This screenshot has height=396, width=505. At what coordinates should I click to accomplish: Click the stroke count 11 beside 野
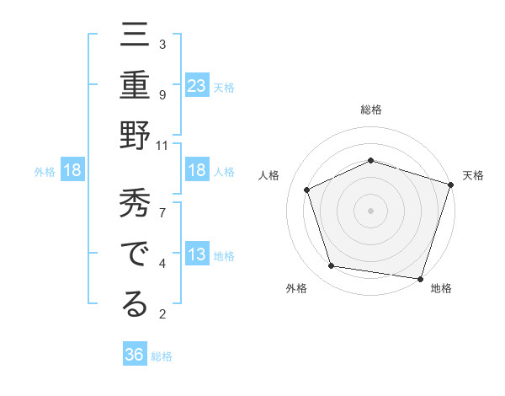click(162, 145)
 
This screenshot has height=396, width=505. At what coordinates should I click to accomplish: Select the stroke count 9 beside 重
click(162, 94)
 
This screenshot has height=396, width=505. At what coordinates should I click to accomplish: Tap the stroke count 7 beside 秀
click(162, 211)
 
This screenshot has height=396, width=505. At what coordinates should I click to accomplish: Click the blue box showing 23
click(197, 85)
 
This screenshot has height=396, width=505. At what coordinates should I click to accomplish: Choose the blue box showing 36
click(135, 355)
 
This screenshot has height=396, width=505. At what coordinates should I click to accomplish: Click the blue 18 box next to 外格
click(72, 171)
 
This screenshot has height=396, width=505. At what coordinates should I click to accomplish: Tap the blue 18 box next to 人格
click(197, 171)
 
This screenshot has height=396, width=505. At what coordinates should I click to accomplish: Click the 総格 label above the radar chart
click(371, 110)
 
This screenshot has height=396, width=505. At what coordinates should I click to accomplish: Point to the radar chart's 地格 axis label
click(441, 288)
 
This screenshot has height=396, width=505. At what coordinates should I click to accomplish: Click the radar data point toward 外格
click(332, 266)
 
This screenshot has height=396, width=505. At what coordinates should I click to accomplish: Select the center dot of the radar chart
click(371, 210)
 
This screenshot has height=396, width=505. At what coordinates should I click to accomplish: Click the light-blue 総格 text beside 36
click(162, 356)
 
